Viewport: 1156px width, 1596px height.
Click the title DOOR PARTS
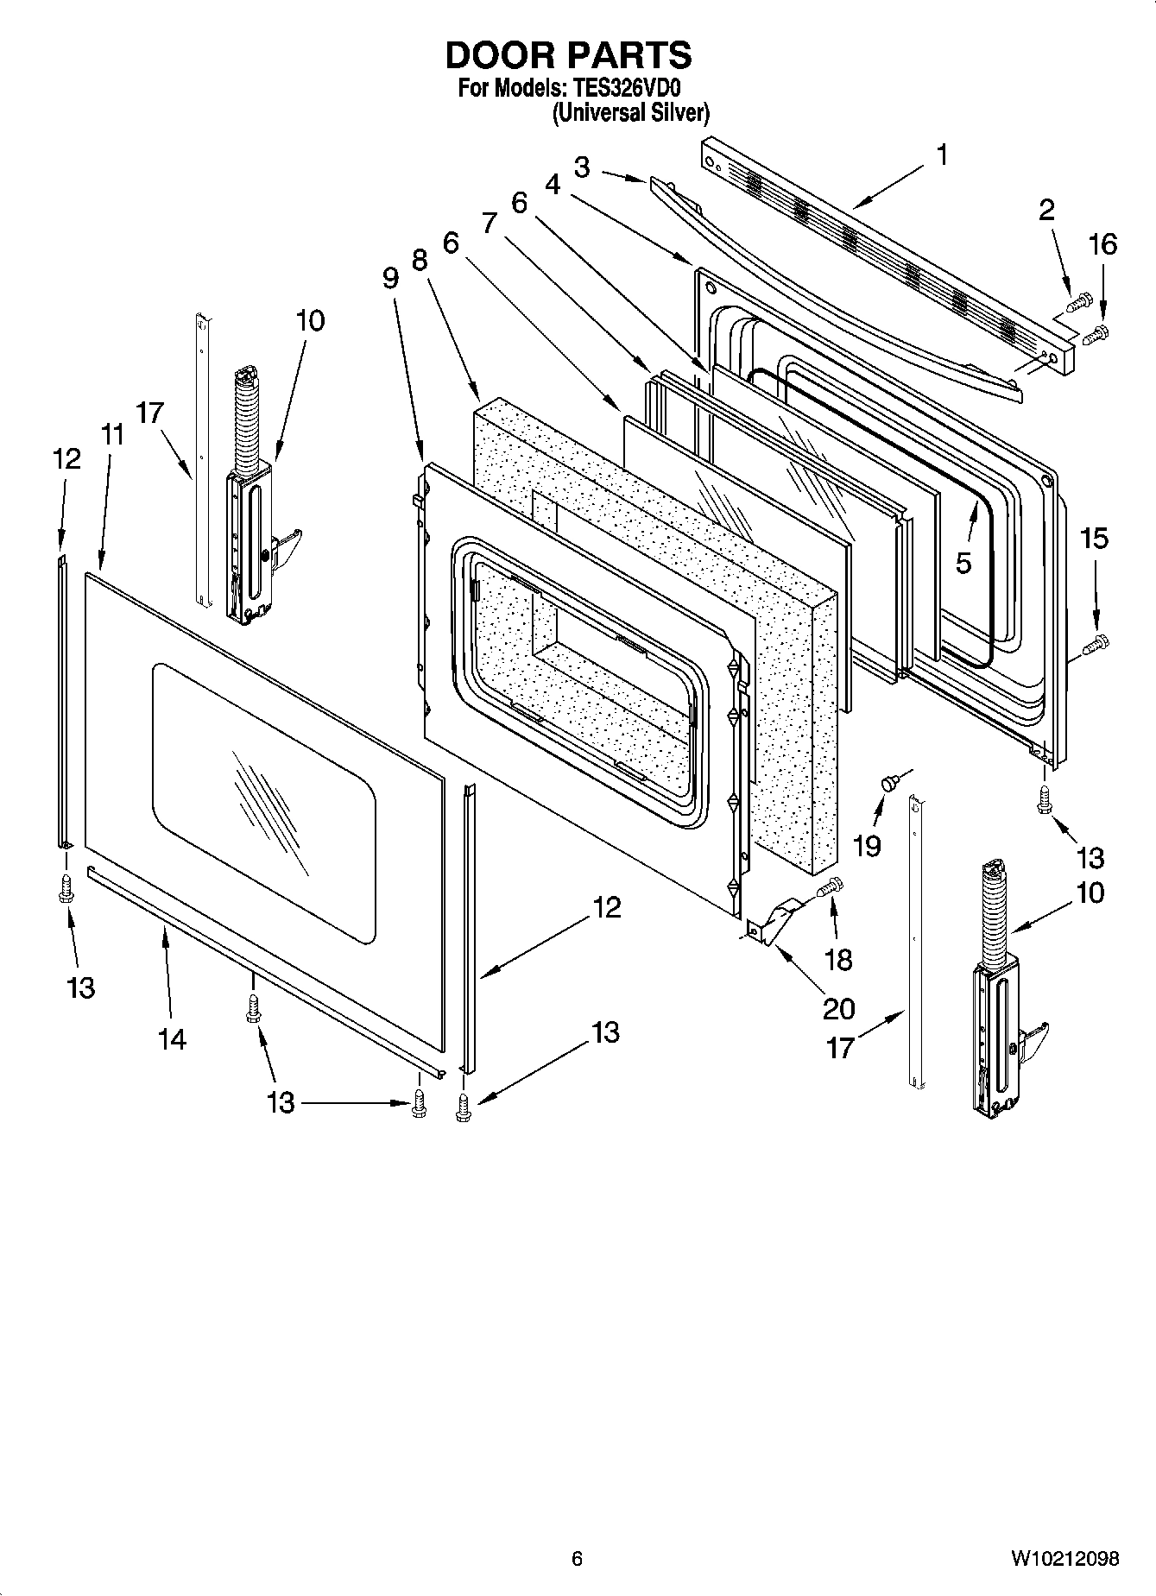[568, 55]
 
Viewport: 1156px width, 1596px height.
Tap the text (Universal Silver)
[631, 113]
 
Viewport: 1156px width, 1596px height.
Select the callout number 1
[942, 155]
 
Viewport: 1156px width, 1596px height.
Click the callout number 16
[1102, 245]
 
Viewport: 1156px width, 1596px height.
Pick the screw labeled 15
[1098, 642]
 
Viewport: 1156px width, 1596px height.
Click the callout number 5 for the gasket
[963, 563]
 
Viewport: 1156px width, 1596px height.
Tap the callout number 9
[390, 278]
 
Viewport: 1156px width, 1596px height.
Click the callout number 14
[172, 1039]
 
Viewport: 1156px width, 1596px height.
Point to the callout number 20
[838, 1007]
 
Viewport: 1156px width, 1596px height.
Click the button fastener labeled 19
[888, 783]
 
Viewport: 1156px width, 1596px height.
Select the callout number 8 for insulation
[420, 260]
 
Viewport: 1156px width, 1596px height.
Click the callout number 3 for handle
[582, 167]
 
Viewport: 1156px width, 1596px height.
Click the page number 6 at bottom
[577, 1558]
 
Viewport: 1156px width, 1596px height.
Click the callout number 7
[490, 223]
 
